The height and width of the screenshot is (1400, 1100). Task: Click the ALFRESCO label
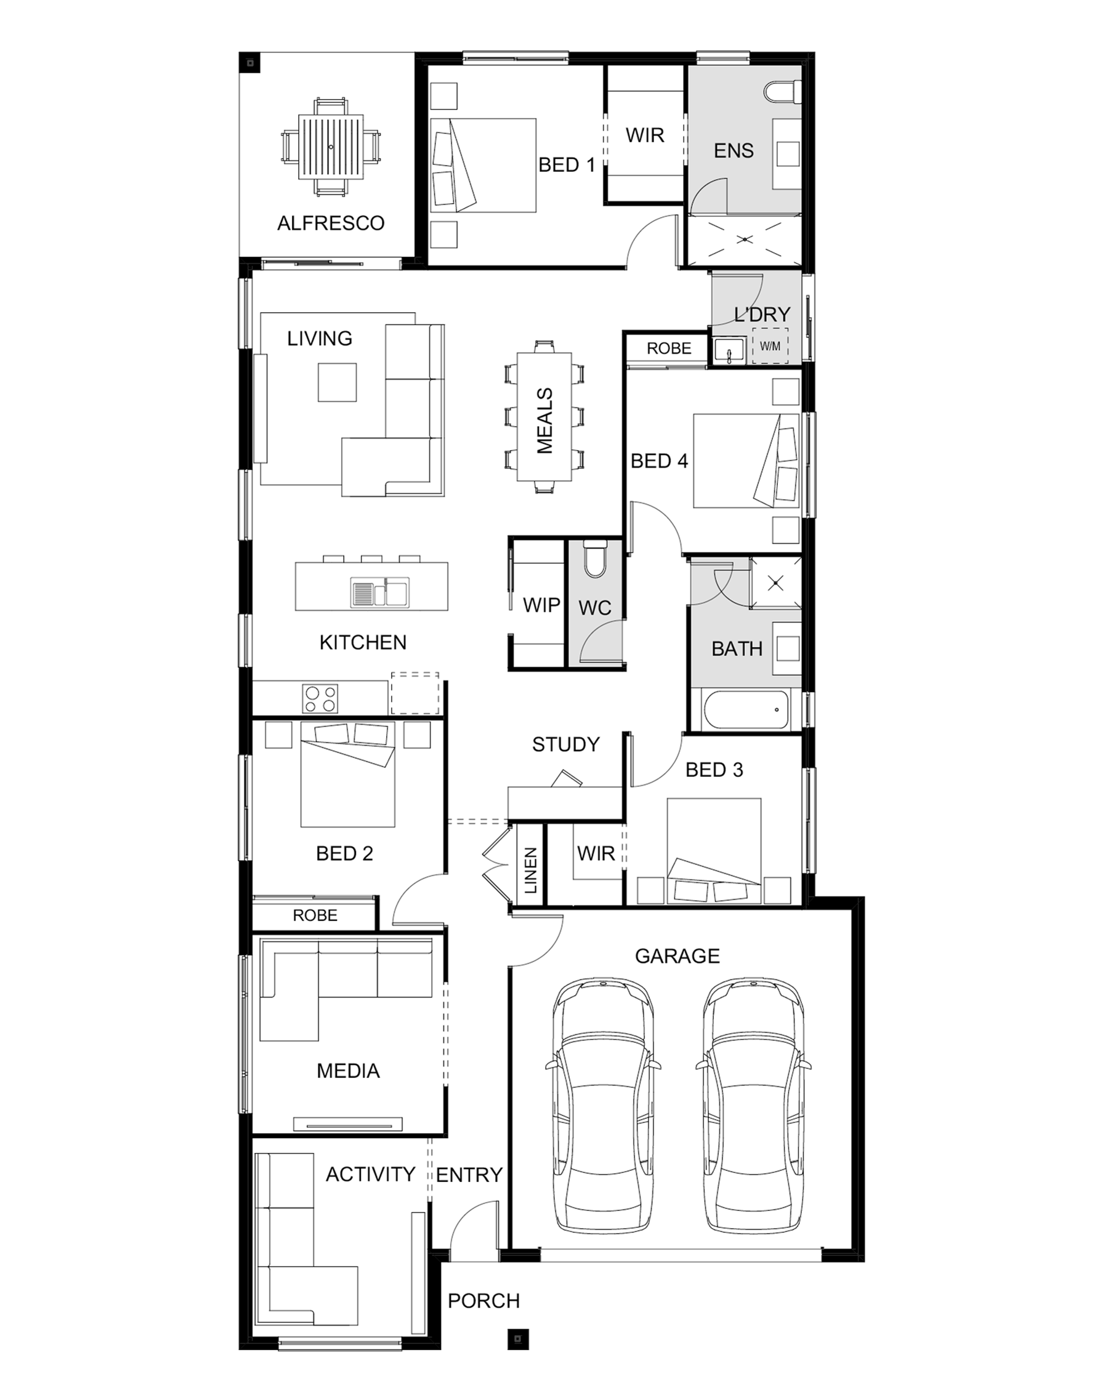pos(330,223)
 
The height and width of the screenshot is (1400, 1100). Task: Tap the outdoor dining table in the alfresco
pos(330,147)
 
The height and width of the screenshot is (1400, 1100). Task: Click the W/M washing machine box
pos(770,346)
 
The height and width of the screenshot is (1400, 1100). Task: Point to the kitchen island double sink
pos(379,592)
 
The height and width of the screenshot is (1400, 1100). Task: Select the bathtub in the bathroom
pos(746,710)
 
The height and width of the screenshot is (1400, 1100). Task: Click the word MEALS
pos(545,420)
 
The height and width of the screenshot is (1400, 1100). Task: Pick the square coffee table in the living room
pos(337,382)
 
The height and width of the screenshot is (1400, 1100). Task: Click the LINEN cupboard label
pos(531,871)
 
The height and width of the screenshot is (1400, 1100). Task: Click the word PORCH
pos(483,1301)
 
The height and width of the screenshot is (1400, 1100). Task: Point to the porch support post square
pos(518,1340)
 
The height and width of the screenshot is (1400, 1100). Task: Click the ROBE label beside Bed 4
pos(669,348)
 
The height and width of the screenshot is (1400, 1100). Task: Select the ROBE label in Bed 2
pos(315,915)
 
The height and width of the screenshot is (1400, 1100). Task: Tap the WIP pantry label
pos(541,605)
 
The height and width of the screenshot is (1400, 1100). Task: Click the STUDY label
pos(566,745)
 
